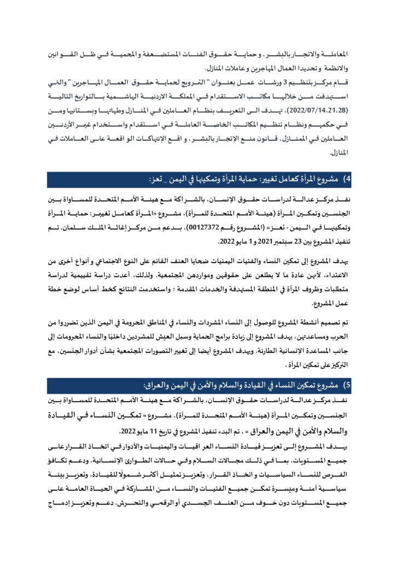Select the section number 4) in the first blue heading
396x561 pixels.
pyautogui.click(x=346, y=180)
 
